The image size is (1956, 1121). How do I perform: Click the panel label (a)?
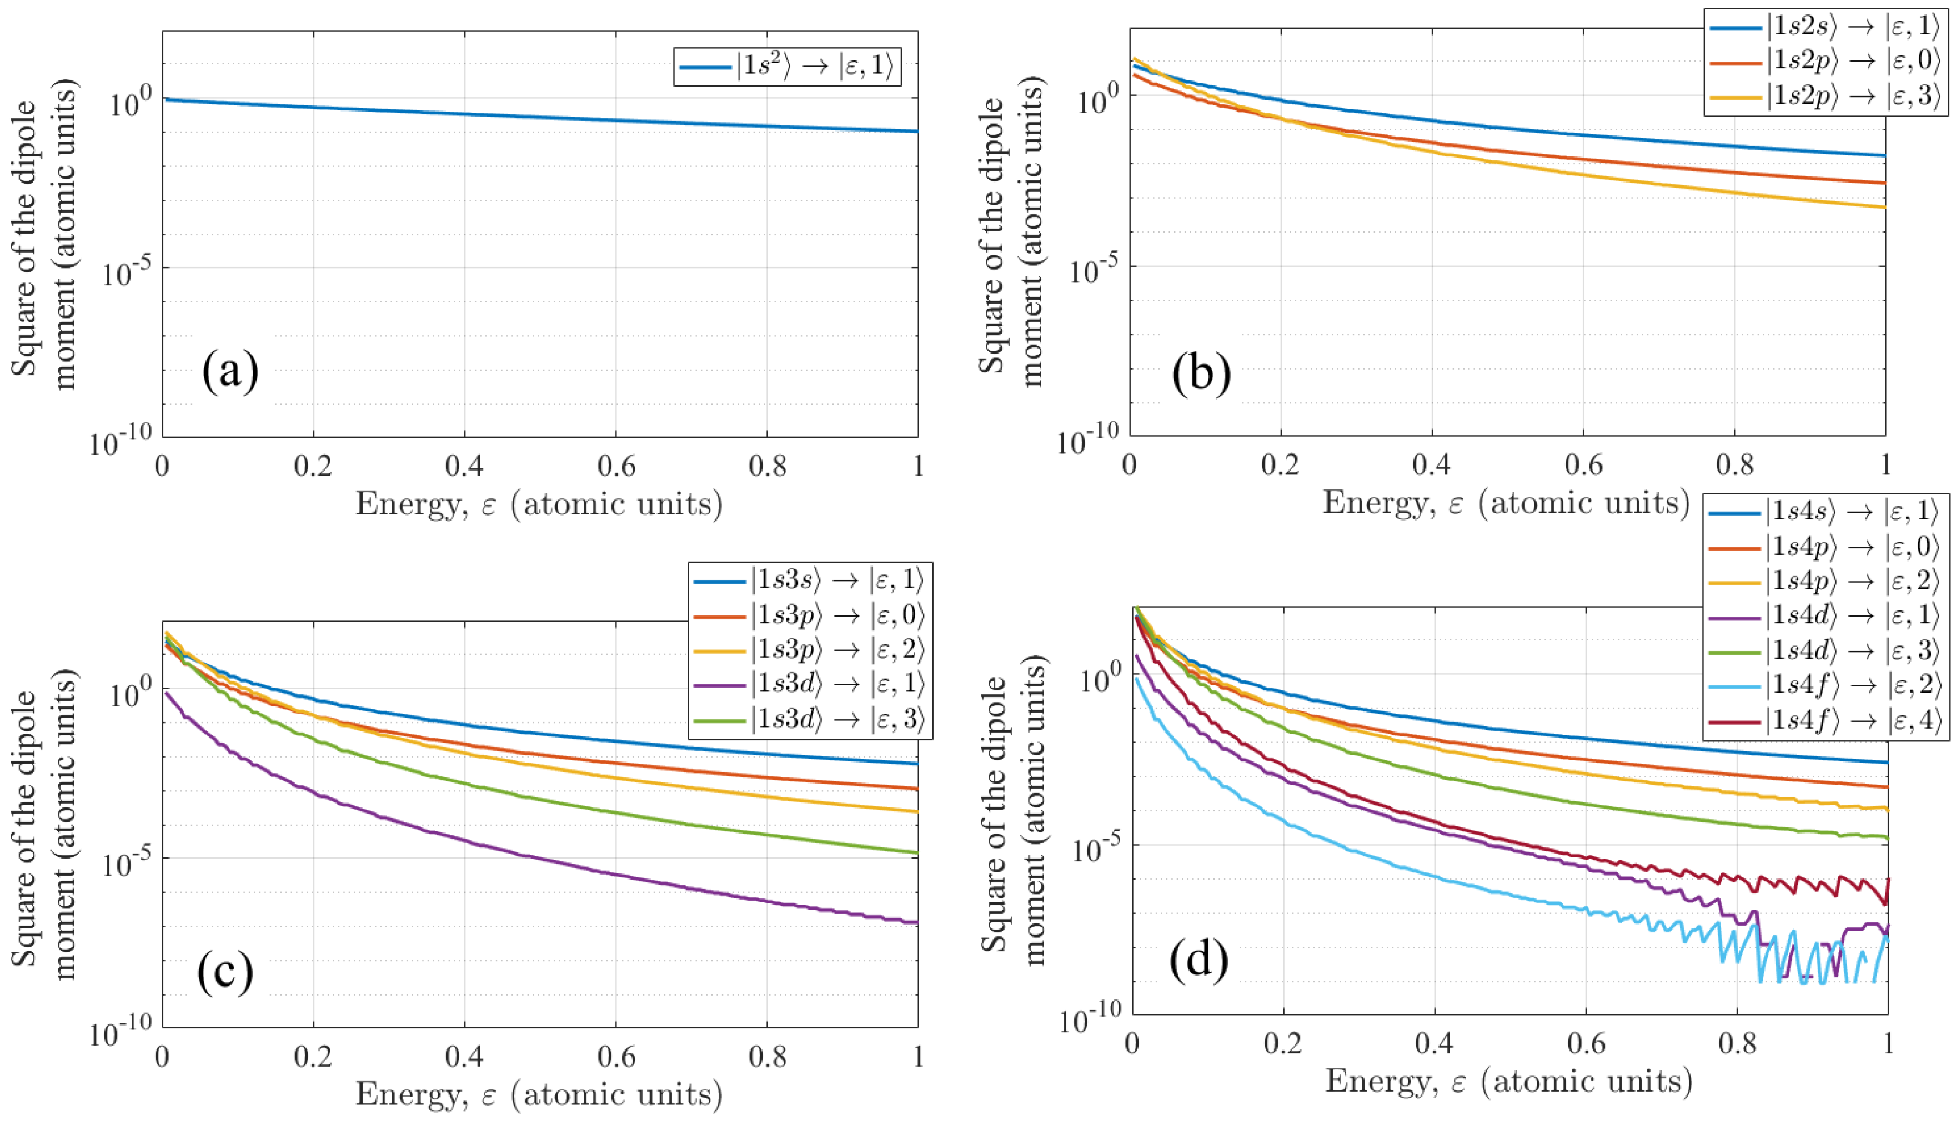point(229,372)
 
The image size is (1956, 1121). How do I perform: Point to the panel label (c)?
point(225,972)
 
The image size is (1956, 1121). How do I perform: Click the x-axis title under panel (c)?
point(539,1094)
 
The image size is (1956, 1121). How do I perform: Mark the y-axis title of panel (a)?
point(44,235)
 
